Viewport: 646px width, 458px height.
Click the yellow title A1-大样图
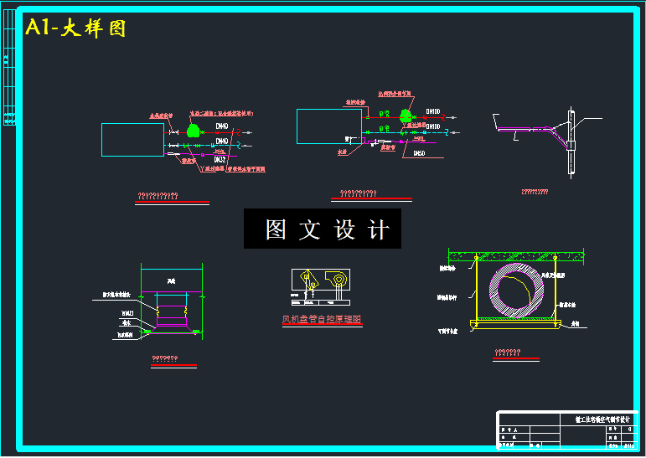[x=75, y=28]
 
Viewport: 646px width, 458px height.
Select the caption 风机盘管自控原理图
[x=321, y=319]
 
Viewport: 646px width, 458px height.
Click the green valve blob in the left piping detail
[x=194, y=130]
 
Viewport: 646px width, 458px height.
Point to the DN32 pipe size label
[x=220, y=159]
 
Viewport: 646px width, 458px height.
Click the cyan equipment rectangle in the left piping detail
[x=132, y=140]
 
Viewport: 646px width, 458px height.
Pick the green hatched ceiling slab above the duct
[x=516, y=255]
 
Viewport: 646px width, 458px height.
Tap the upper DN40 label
[x=222, y=127]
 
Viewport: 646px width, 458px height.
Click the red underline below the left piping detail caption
[x=173, y=202]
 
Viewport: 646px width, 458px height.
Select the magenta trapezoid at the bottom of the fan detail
[x=172, y=332]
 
